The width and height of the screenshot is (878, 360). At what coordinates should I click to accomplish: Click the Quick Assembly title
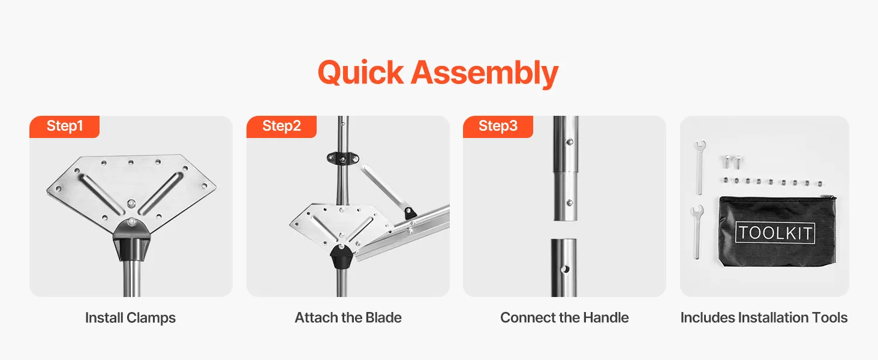coord(438,73)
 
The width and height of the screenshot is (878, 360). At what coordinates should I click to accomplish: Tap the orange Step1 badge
coord(64,127)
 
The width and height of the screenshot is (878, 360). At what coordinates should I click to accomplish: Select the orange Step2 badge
coord(281,127)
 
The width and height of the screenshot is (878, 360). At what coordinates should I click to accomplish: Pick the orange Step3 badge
coord(498,127)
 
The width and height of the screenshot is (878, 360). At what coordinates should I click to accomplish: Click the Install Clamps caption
coord(131,317)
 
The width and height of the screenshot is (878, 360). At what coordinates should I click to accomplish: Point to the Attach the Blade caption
coord(348,317)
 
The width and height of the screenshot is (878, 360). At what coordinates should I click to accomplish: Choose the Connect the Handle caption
coord(564,317)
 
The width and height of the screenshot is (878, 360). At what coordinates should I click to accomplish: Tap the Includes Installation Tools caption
coord(764,317)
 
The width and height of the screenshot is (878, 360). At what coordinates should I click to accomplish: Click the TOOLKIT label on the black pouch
coord(775,233)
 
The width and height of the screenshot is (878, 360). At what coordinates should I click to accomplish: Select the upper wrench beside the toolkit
coord(700,167)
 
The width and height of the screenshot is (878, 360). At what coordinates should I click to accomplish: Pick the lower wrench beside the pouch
coord(696,232)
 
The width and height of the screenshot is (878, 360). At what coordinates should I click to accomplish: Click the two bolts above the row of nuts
coord(732,161)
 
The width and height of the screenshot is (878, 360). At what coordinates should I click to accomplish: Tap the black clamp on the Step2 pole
coord(343,159)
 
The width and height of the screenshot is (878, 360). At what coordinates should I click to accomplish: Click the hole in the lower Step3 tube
coord(565,269)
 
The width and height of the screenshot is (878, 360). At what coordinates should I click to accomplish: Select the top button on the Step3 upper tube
coord(570,142)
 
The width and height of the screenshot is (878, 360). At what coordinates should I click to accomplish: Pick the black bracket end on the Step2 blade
coord(410,213)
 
